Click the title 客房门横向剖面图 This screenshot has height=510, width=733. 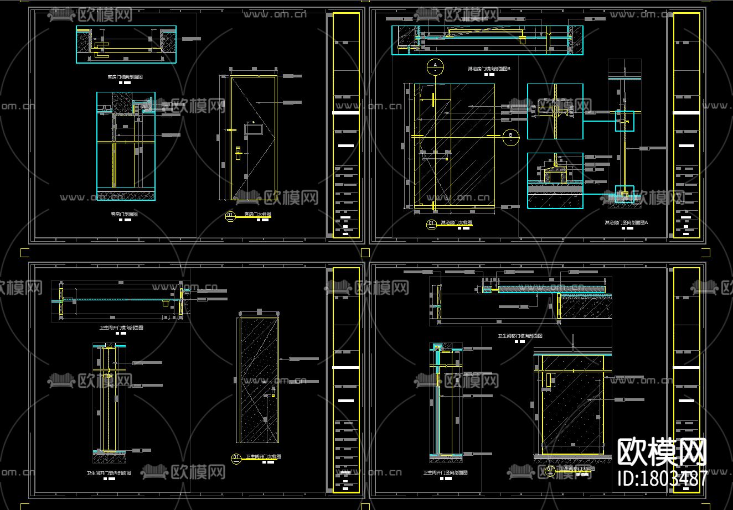click(x=125, y=77)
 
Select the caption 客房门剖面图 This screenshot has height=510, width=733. click(x=125, y=214)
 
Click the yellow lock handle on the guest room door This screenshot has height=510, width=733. click(x=238, y=152)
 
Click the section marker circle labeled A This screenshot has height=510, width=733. click(x=435, y=66)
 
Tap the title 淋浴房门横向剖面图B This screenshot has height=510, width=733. click(x=489, y=69)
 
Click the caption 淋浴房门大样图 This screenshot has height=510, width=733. click(x=456, y=223)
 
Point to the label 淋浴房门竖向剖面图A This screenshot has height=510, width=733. click(x=626, y=222)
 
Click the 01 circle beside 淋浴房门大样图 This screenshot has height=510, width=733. click(x=431, y=224)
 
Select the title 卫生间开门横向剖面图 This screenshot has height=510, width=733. click(x=121, y=328)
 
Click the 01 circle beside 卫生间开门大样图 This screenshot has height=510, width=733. click(x=235, y=457)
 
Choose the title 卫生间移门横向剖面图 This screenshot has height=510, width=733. click(x=520, y=336)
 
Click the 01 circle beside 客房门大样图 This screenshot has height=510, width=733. click(x=230, y=215)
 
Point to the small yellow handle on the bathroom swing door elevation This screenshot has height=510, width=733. click(x=272, y=394)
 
